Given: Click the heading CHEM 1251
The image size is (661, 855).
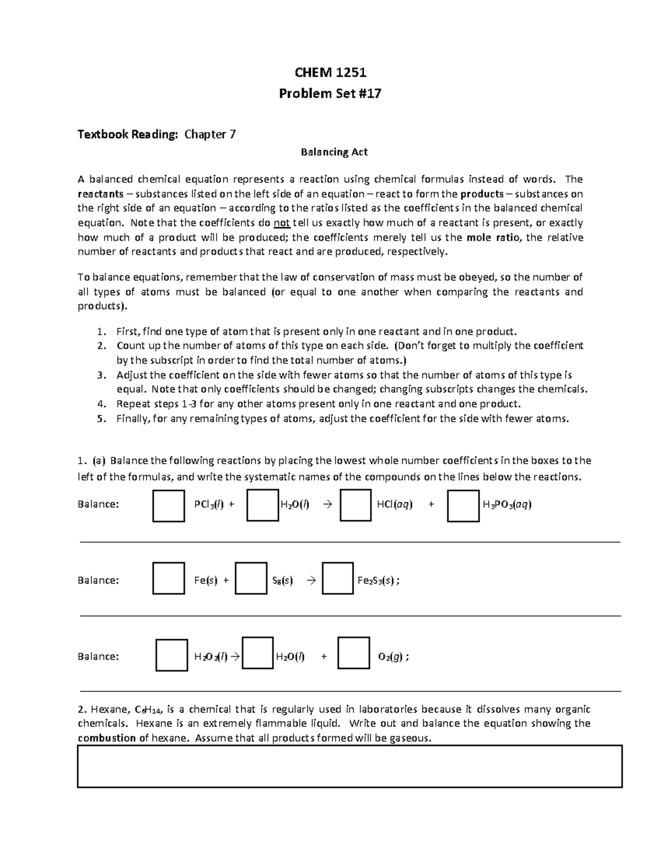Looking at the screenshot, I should (x=330, y=73).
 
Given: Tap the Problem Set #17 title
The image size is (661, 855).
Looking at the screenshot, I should (x=330, y=94).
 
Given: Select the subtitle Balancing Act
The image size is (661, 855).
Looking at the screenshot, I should (x=334, y=152).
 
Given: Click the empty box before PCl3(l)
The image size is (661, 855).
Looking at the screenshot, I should (x=169, y=505).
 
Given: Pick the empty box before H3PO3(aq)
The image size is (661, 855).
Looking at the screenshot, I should (x=463, y=505).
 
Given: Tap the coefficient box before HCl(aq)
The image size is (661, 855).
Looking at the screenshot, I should (x=355, y=505).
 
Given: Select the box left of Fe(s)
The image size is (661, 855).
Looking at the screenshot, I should (x=169, y=578).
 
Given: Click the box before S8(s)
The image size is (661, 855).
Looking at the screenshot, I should (x=251, y=578).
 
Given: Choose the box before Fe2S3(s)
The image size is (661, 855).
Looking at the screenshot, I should (x=337, y=578).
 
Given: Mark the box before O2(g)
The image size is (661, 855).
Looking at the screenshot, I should (x=353, y=653).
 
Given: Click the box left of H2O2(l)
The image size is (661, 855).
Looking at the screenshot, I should (x=171, y=655).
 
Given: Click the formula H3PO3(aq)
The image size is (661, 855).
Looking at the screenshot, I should (x=507, y=504).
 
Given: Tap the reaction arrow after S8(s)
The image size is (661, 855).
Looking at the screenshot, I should (x=311, y=580).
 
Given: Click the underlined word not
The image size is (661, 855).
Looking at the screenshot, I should (x=281, y=223).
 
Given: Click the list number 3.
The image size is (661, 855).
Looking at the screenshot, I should (x=100, y=375).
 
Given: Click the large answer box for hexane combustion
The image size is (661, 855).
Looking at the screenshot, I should (x=349, y=766).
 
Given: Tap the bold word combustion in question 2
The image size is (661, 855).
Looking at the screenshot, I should (x=107, y=738).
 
